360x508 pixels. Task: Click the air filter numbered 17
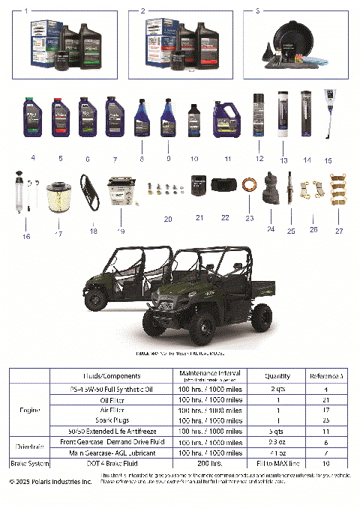click(x=57, y=200)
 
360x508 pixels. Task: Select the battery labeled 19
click(x=120, y=192)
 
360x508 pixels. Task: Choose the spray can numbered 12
click(x=259, y=118)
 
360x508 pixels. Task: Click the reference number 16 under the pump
click(x=26, y=237)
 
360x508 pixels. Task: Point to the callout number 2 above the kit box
click(x=143, y=12)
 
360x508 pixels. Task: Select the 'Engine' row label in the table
click(x=29, y=411)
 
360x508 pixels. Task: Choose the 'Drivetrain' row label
click(x=29, y=447)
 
